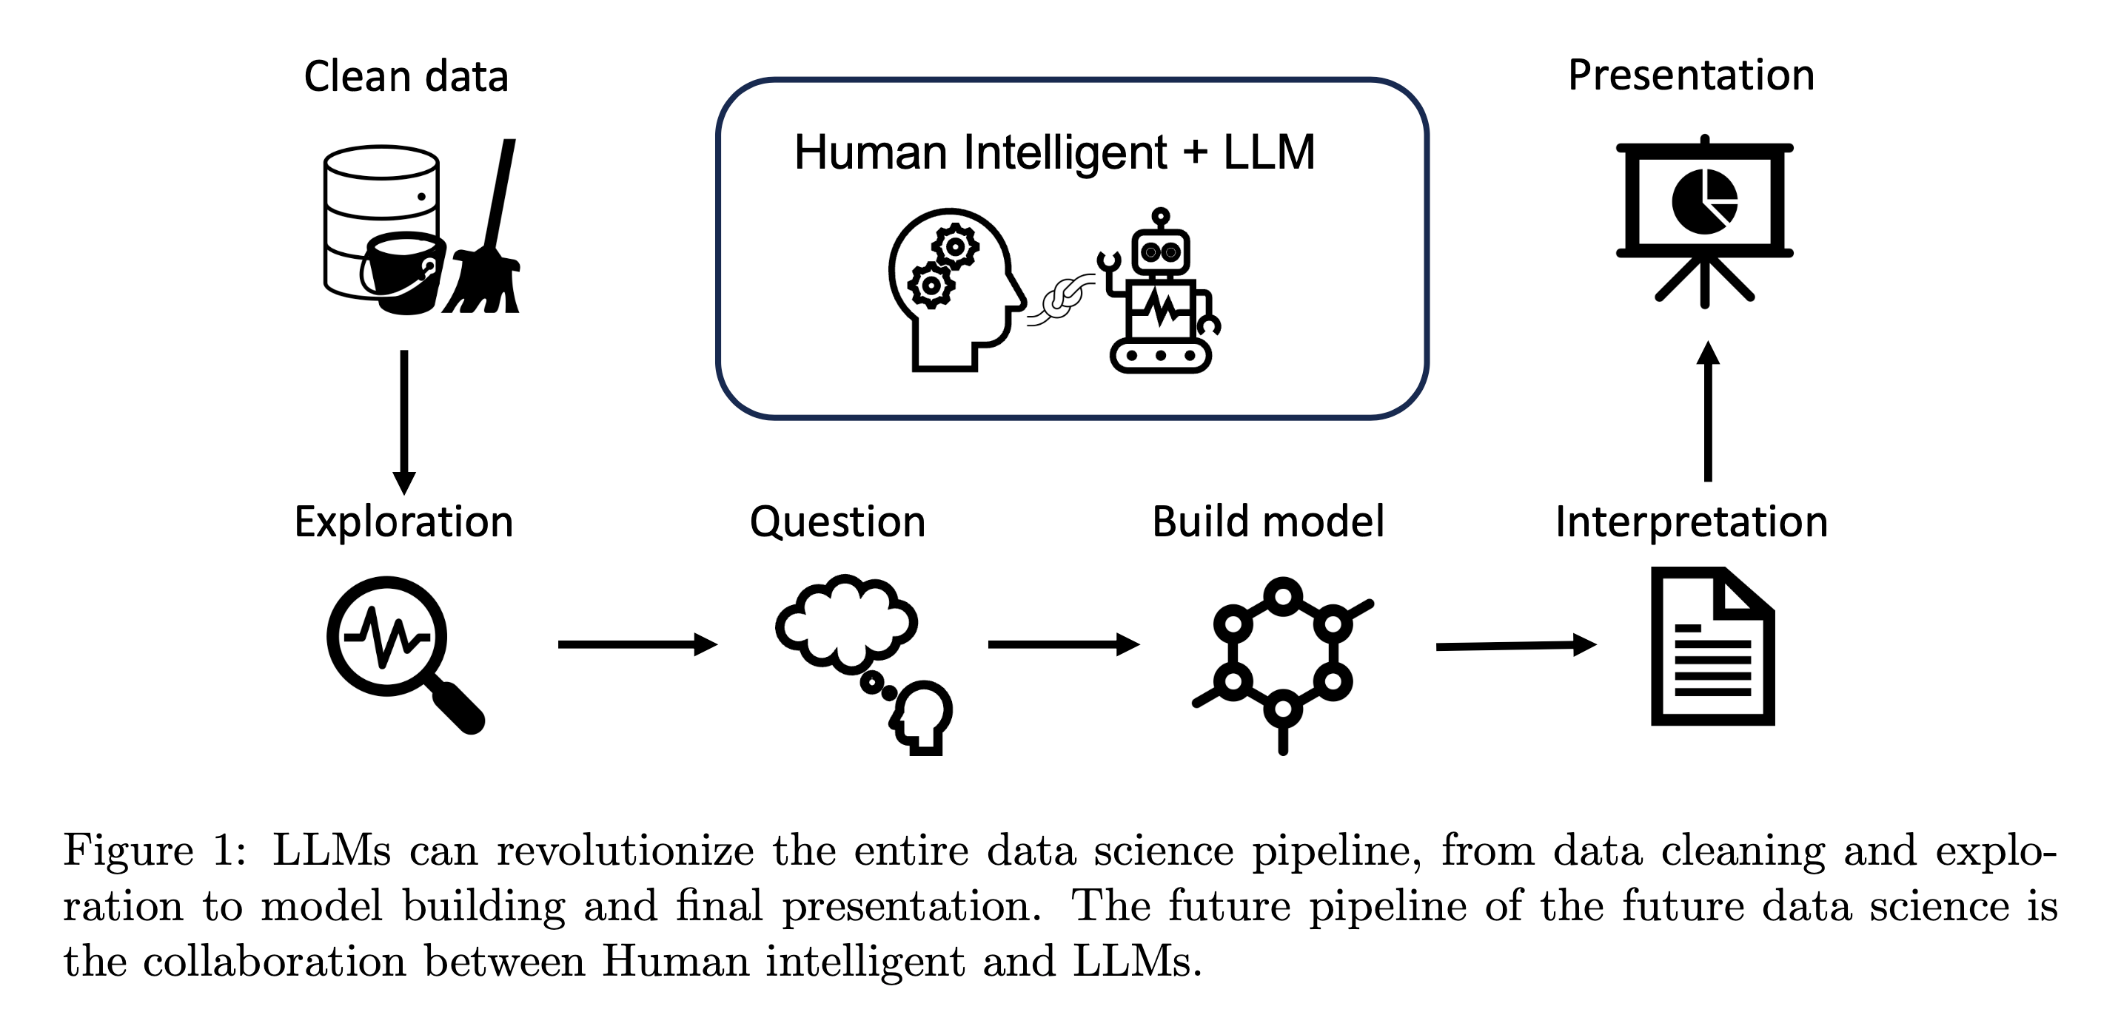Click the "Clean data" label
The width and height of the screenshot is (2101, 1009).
[x=406, y=77]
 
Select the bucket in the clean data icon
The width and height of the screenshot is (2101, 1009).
[x=401, y=273]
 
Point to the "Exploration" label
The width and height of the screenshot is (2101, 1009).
[x=403, y=522]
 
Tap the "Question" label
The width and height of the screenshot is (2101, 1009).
[x=837, y=522]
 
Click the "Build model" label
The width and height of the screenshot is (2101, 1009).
[x=1268, y=522]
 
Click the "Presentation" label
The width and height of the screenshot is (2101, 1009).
[x=1691, y=75]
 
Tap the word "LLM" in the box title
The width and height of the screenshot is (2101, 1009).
[x=1269, y=152]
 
